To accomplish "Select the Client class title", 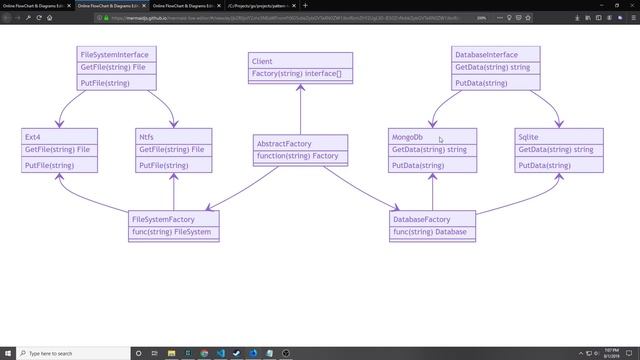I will (262, 61).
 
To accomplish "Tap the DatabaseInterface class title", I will (485, 53).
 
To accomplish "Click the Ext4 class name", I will (32, 136).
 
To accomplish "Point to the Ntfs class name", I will (146, 136).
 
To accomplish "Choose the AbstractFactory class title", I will (283, 143).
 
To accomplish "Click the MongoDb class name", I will (406, 136).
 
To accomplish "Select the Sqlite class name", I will (528, 136).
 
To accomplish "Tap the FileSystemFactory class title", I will (162, 219).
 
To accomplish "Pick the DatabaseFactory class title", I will (421, 219).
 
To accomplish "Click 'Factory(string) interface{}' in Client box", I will (296, 74).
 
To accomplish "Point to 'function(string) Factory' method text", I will (297, 156).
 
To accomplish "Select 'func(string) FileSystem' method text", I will (171, 232).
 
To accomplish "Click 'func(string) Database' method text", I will (430, 232).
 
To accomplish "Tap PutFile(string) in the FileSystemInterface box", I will (105, 83).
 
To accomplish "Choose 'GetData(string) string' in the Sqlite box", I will (555, 149).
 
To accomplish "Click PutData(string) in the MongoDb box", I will (418, 165).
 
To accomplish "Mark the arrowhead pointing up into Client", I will (298, 85).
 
